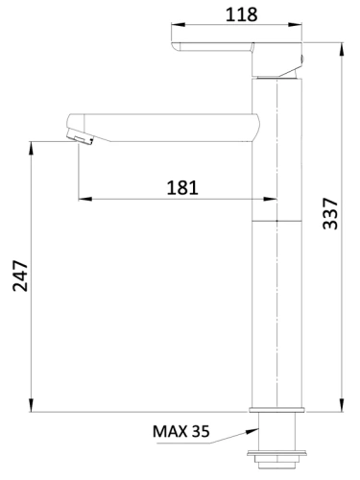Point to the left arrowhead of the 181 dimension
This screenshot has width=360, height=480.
point(82,199)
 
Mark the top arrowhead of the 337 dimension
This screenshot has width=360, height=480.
point(343,44)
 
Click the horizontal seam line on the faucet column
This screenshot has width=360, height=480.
point(277,220)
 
